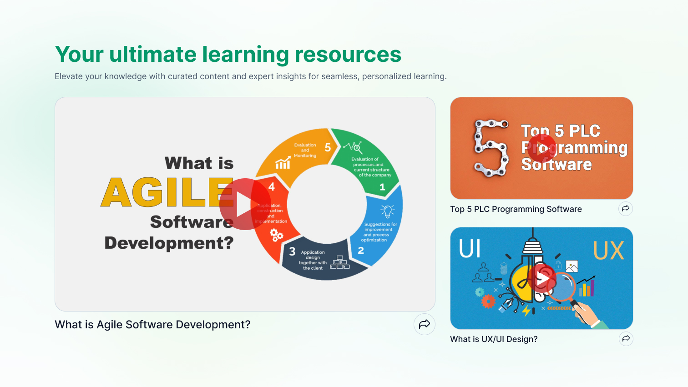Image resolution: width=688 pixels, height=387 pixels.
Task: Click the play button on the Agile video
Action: (245, 204)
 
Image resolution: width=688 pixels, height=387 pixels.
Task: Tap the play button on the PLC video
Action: (541, 148)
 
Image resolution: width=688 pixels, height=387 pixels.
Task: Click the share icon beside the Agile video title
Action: (425, 324)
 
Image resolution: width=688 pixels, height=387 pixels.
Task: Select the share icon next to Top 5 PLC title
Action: (626, 209)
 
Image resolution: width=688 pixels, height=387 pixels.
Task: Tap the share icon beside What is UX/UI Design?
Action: (626, 339)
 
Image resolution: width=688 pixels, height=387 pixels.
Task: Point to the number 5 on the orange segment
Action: (328, 147)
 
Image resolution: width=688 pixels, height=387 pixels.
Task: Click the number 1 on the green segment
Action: (382, 187)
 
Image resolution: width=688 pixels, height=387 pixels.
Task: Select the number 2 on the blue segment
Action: (361, 251)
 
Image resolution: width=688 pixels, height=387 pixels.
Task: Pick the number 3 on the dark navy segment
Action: (292, 251)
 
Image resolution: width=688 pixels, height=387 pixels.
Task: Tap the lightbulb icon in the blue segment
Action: (387, 211)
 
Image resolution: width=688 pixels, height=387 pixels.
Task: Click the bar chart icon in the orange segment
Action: (283, 163)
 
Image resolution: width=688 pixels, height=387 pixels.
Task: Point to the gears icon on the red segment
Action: (276, 235)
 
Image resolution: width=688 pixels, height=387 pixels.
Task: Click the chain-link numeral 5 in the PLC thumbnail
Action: (491, 148)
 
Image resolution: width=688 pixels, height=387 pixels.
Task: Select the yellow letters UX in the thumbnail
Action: (608, 251)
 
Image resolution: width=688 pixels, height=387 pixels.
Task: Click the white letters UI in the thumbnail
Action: (470, 249)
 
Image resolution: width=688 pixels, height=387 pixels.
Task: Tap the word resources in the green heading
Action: (348, 55)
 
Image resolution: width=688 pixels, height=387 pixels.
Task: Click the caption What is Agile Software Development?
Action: (152, 325)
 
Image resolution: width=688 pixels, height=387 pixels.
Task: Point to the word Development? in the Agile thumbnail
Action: (169, 243)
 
